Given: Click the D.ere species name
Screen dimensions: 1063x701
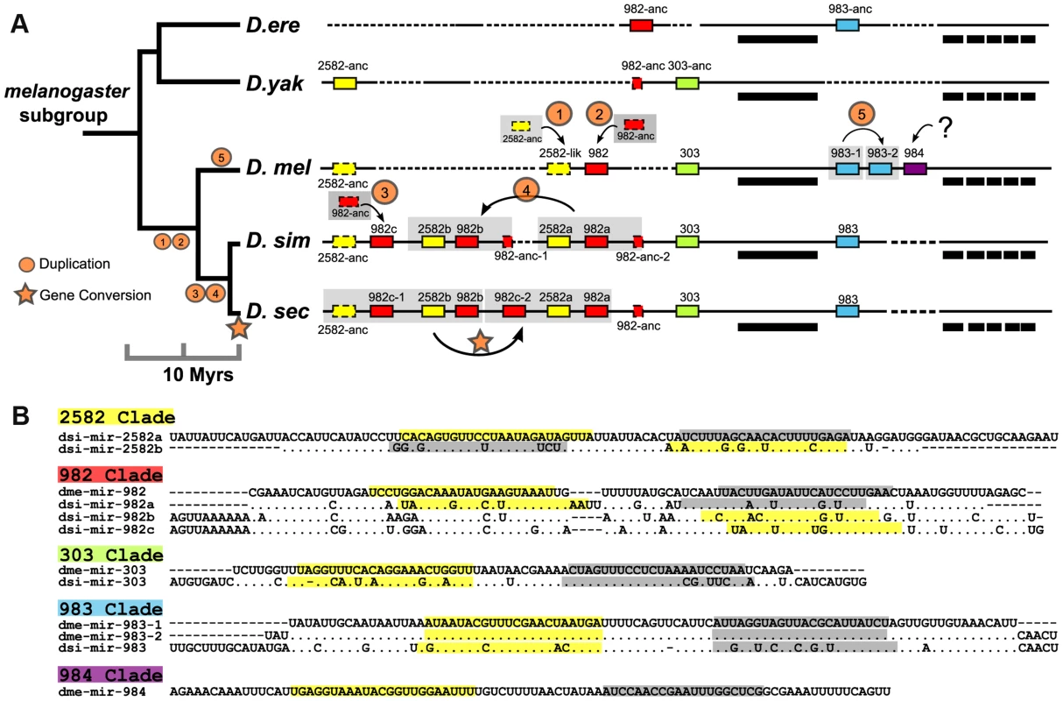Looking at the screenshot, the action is [x=273, y=25].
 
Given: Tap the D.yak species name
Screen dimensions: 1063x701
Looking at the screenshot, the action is [x=275, y=83].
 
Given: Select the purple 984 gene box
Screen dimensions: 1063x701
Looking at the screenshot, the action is [x=915, y=168].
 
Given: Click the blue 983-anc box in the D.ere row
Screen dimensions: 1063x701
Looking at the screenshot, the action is [x=848, y=25].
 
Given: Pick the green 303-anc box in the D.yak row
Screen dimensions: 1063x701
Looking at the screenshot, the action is [x=687, y=83].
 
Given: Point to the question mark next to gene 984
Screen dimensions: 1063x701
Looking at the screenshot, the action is [x=946, y=128].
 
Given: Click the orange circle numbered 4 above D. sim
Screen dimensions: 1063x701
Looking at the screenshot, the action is [x=526, y=190].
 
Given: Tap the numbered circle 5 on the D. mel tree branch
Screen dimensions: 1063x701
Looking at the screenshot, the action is [x=222, y=157].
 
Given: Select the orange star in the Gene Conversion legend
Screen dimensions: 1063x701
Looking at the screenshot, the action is [x=25, y=295].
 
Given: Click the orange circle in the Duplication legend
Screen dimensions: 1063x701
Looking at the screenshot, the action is [x=26, y=265].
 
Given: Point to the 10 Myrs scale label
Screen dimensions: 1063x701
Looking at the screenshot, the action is [x=199, y=375].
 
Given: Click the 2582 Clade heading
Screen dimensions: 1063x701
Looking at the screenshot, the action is [x=116, y=416].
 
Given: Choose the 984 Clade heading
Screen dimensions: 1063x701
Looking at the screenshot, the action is [x=110, y=675].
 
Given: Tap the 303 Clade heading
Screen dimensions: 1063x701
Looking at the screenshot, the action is [x=110, y=555].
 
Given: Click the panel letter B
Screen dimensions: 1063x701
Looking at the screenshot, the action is [x=20, y=415].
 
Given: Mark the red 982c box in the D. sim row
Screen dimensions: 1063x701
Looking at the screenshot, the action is [x=382, y=242].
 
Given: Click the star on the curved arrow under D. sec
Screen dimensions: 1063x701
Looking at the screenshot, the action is [x=480, y=342].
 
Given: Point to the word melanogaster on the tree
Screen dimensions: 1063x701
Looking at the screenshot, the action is [x=67, y=92].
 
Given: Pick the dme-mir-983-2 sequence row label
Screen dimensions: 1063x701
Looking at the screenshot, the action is [x=110, y=636].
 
